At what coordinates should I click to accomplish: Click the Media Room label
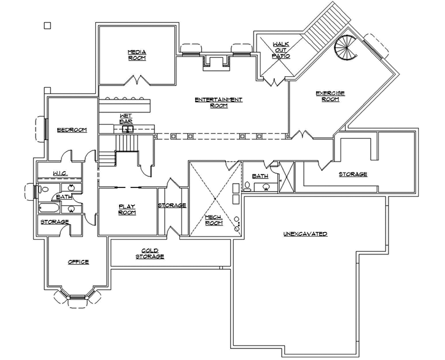tap(136, 55)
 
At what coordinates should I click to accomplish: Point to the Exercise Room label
tap(330, 96)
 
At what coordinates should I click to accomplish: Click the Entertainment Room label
tap(219, 102)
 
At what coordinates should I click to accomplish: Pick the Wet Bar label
tap(126, 119)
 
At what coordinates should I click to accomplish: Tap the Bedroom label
tap(71, 130)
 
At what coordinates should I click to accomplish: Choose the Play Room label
tap(127, 210)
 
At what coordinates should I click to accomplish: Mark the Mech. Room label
tap(214, 220)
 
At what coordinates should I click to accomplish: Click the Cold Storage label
tap(150, 253)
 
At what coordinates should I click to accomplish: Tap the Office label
tap(78, 262)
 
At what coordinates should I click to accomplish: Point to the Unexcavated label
tap(305, 234)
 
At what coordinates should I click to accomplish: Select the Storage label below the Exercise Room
tap(353, 174)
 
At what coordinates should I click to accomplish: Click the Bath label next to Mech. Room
tap(260, 176)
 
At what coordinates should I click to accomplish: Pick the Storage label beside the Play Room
tap(172, 205)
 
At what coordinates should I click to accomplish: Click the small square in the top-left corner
tap(47, 25)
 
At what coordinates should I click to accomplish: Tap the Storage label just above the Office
tap(54, 221)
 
